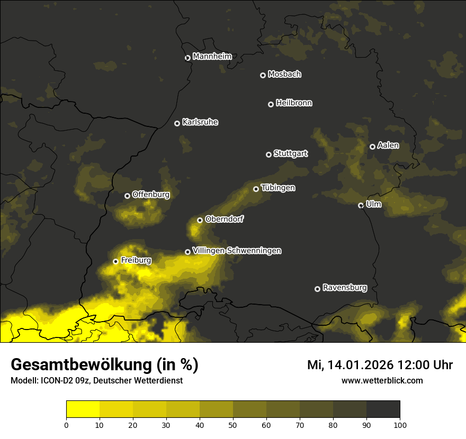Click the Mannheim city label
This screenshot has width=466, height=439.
coord(212,57)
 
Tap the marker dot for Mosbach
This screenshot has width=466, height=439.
coord(263,75)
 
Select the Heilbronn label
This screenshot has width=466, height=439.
coord(293,103)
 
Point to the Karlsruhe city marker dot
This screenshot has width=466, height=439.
coord(177,123)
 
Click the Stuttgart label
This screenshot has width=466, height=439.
coord(290,154)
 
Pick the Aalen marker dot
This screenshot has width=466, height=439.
coord(372,147)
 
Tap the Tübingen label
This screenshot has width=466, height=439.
coord(278,188)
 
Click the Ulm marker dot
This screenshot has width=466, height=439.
coord(361,205)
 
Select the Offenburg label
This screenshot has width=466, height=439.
coord(151,195)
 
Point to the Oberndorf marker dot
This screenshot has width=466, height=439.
coord(200,220)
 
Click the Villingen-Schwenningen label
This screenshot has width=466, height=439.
coord(237,251)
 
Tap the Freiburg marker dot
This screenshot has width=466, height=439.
coord(115,261)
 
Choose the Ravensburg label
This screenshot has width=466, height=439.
coord(344,288)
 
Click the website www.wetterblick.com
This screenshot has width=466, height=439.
coord(382,380)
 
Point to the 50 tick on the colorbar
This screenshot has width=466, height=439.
coord(233,425)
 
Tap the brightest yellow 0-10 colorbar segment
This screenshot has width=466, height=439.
coord(83,409)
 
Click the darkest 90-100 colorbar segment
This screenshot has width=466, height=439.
coord(383,409)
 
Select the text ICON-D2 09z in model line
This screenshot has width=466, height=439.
coord(65,380)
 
